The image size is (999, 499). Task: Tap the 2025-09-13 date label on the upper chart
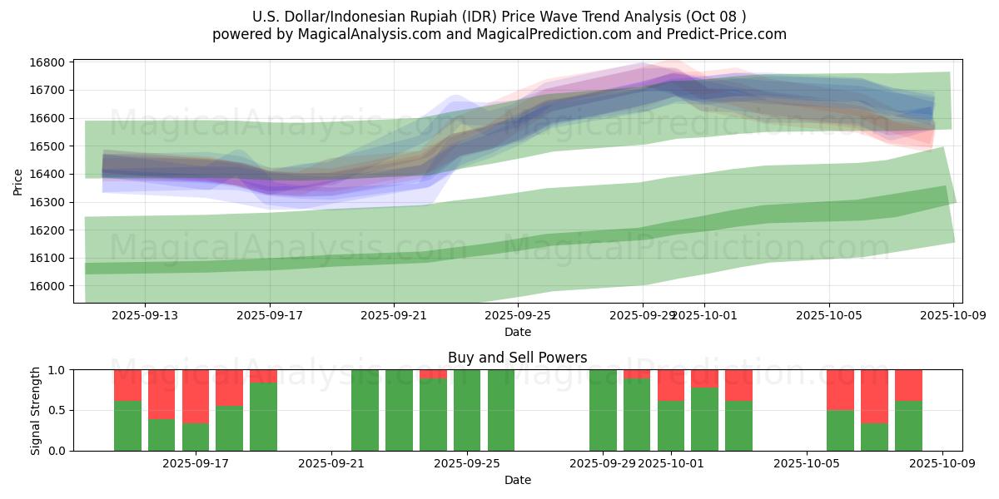145,315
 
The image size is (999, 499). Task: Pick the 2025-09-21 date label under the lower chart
331,463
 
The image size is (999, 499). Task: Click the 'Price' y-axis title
18,180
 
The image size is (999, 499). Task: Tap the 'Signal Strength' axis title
35,410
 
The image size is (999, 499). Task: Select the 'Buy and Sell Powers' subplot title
517,358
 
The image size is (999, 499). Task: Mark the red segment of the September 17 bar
196,396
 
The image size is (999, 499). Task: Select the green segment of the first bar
127,426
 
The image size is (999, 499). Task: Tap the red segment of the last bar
908,385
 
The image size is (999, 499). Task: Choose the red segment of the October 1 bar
671,385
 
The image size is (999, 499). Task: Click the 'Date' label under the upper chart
517,332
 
